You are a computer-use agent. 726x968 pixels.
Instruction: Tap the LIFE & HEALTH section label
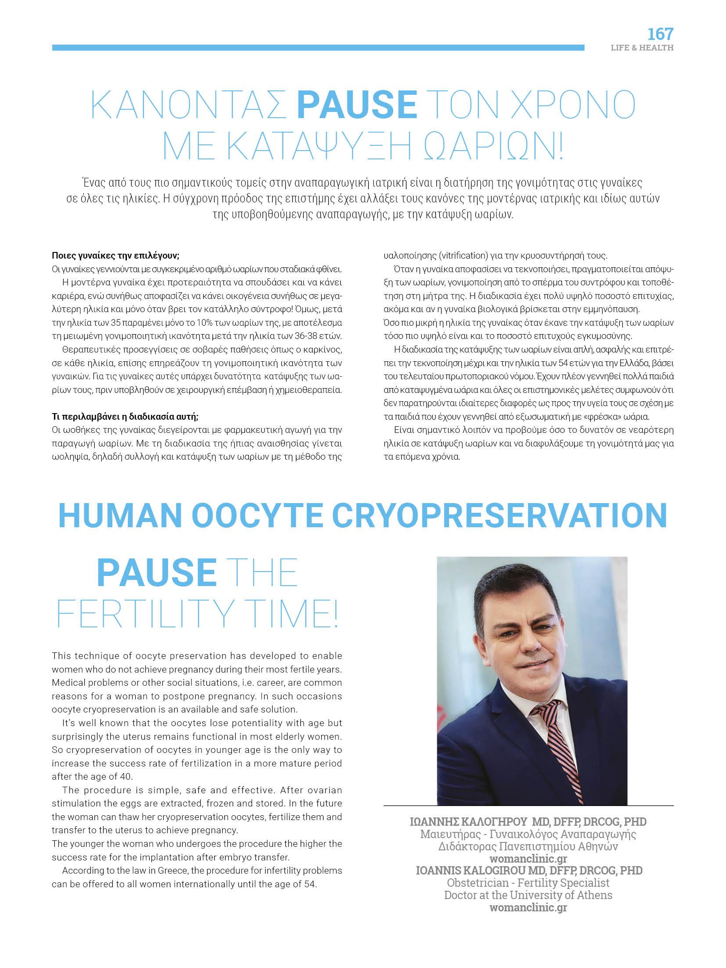[642, 48]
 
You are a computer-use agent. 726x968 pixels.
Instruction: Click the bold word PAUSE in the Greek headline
[357, 104]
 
